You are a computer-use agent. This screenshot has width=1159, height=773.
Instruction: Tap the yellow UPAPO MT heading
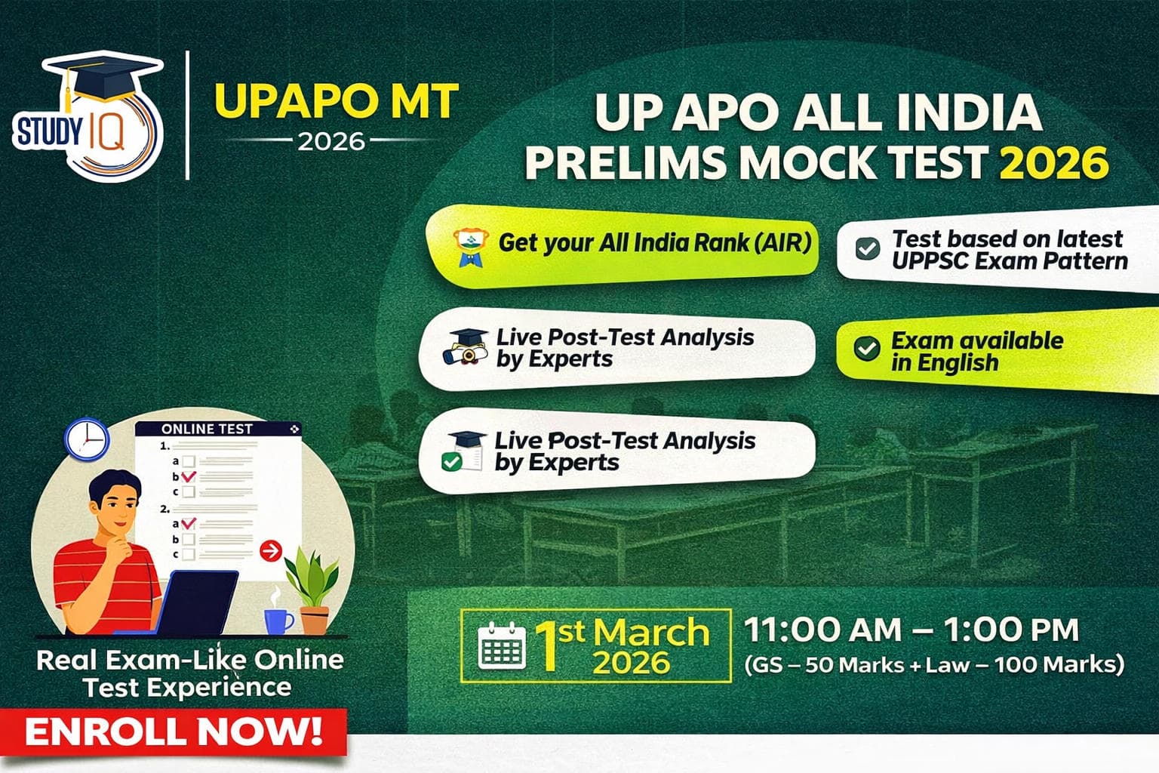tap(336, 101)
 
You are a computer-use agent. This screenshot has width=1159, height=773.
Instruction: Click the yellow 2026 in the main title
tap(1054, 162)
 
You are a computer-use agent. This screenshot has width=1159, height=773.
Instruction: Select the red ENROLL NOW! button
tap(174, 731)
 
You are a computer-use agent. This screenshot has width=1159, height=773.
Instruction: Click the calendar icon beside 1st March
tap(503, 646)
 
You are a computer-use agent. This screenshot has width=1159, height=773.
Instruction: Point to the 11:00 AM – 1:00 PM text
tap(912, 630)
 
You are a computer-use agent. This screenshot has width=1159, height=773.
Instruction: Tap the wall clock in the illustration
tap(87, 439)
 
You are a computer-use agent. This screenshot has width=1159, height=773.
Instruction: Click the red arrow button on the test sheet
tap(270, 551)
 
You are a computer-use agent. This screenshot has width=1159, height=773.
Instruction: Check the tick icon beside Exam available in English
tap(866, 349)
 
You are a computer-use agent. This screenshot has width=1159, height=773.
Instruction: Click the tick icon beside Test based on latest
tap(867, 248)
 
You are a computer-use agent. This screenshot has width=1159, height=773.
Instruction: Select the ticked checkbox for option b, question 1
tap(189, 476)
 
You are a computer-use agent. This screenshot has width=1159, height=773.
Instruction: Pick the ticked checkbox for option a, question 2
tap(189, 522)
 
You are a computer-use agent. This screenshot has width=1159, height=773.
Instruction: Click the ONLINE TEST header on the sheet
tap(208, 429)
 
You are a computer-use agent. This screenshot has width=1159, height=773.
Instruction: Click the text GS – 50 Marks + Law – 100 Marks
tap(934, 665)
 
